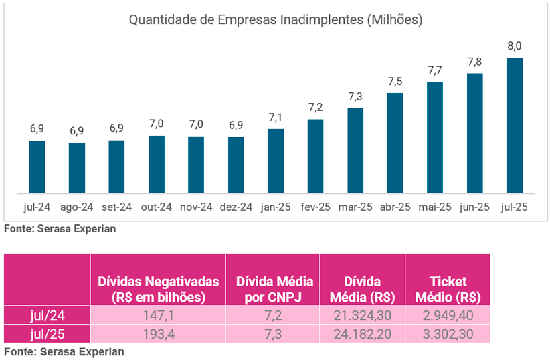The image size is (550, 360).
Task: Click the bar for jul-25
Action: (515, 124)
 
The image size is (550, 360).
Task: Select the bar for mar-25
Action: (355, 150)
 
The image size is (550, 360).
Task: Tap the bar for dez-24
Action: (236, 164)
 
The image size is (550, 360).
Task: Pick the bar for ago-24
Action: (77, 167)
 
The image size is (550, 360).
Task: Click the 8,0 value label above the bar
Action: (515, 46)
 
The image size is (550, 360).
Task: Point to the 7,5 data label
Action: (395, 82)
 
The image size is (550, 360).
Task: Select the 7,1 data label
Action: (276, 118)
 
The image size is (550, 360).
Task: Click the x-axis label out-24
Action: (157, 207)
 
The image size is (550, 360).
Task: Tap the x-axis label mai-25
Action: (435, 207)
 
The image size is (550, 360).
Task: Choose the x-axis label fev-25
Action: (316, 207)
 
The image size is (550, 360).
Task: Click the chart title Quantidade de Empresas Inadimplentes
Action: (275, 20)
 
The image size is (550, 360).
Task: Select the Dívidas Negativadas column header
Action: (158, 289)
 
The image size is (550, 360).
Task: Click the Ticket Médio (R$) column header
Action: (448, 289)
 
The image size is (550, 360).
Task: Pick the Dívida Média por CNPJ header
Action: (273, 289)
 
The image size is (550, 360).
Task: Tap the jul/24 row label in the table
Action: (48, 314)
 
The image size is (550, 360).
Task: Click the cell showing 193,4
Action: (158, 333)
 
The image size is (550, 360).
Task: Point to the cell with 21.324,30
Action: (363, 314)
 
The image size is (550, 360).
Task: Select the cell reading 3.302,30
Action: (448, 333)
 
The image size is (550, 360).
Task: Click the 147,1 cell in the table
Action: (158, 314)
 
